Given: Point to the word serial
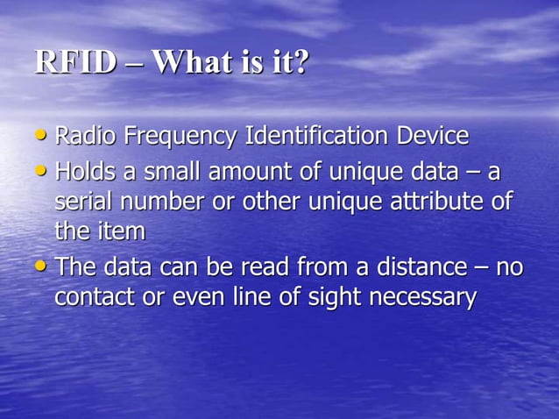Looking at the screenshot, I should tap(81, 202).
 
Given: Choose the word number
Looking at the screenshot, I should tap(158, 202).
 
